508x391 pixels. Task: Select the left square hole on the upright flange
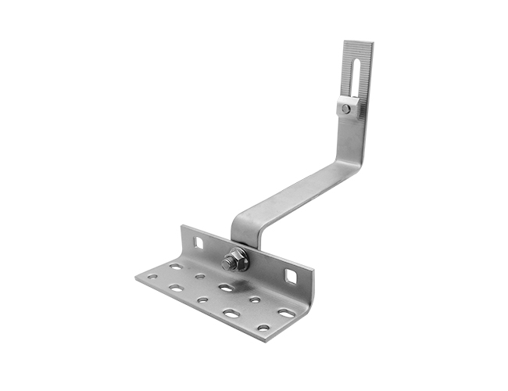(x=199, y=243)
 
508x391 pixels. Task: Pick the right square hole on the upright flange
(x=291, y=276)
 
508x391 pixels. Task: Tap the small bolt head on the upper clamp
(x=346, y=109)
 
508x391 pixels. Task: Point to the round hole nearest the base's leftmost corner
(x=152, y=276)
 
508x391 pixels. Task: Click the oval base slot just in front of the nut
(x=226, y=288)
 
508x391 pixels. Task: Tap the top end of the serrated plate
(x=358, y=44)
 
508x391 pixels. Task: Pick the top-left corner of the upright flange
(x=181, y=227)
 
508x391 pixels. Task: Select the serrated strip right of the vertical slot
(x=363, y=74)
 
